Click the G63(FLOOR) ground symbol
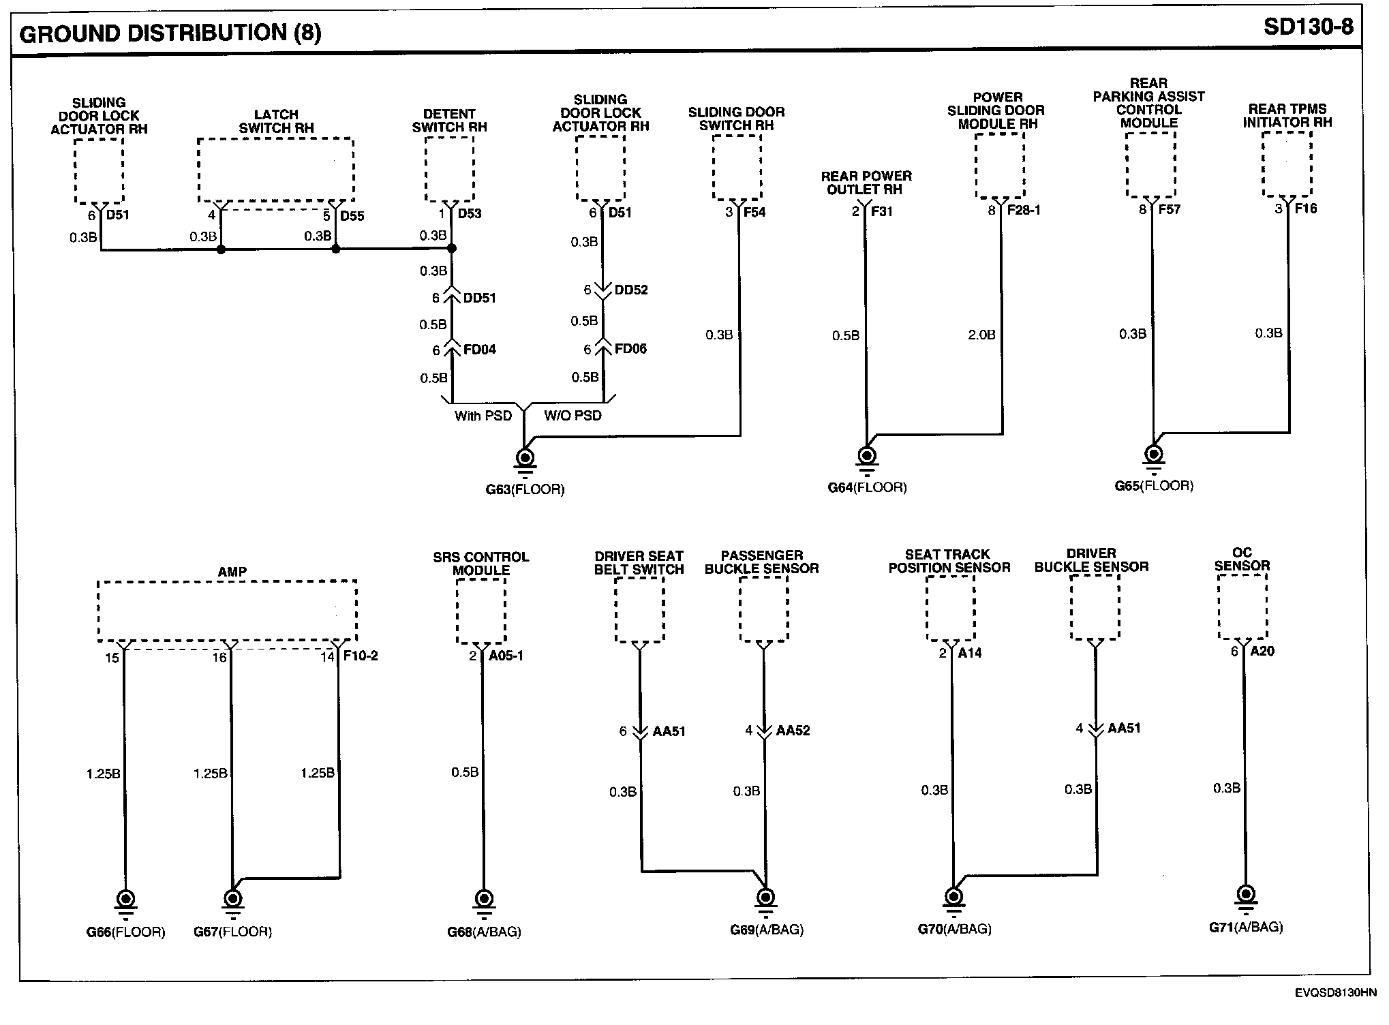coord(525,459)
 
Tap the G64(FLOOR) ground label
coord(867,487)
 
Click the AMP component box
coord(227,611)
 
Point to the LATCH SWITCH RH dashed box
coord(275,170)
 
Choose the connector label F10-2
coord(361,656)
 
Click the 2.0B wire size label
coord(981,335)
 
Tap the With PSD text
coord(483,416)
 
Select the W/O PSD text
coord(573,416)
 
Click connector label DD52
coord(630,290)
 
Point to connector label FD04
coord(480,350)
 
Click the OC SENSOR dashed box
coord(1242,607)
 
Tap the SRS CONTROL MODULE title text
coord(480,563)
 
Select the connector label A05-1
coord(506,656)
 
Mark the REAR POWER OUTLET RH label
coord(866,183)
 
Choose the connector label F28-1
coord(1024,210)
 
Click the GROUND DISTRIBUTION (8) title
coord(170,33)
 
